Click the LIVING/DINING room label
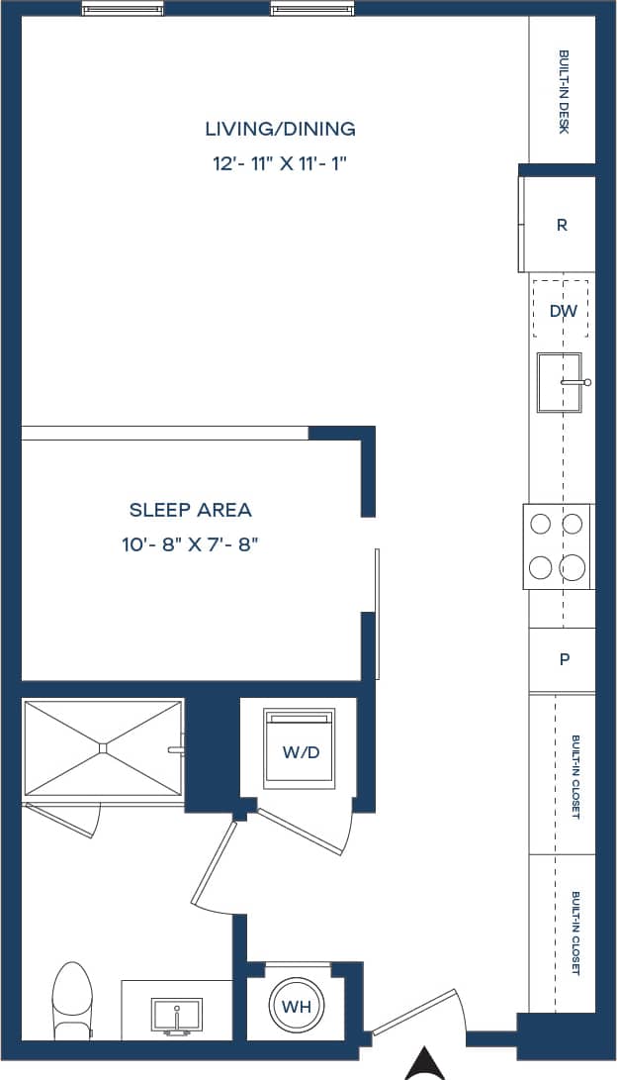coord(280,129)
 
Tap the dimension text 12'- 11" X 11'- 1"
coord(280,164)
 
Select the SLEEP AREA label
coord(191,510)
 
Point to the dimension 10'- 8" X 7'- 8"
coord(191,544)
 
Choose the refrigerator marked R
coord(561,225)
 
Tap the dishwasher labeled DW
coord(562,310)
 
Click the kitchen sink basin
coord(558,381)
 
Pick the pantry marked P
coord(564,659)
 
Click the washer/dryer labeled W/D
coord(301,751)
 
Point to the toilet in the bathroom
coord(72,1000)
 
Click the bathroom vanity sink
coord(176,1015)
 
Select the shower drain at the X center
coord(103,748)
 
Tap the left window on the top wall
coord(123,10)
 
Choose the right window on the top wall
coord(310,10)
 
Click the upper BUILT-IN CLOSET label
coord(575,775)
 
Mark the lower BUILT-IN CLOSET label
coord(575,933)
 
